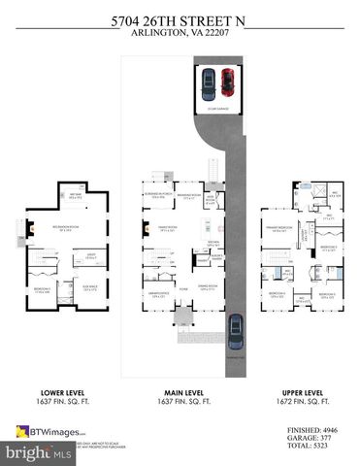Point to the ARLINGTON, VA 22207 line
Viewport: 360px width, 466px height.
pyautogui.click(x=180, y=29)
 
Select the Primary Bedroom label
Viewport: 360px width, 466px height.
pyautogui.click(x=278, y=230)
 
